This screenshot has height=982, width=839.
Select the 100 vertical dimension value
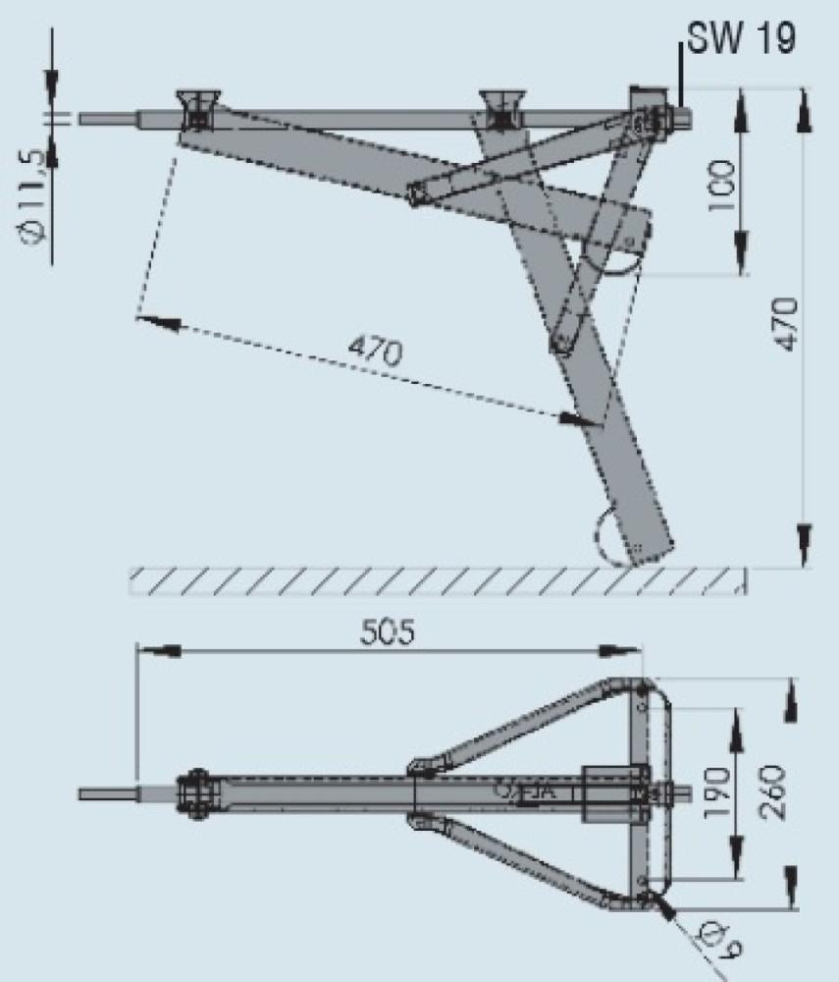click(722, 185)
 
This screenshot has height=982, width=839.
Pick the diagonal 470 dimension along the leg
click(372, 351)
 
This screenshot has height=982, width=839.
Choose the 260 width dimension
click(772, 785)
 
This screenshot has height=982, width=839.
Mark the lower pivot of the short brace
click(562, 343)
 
